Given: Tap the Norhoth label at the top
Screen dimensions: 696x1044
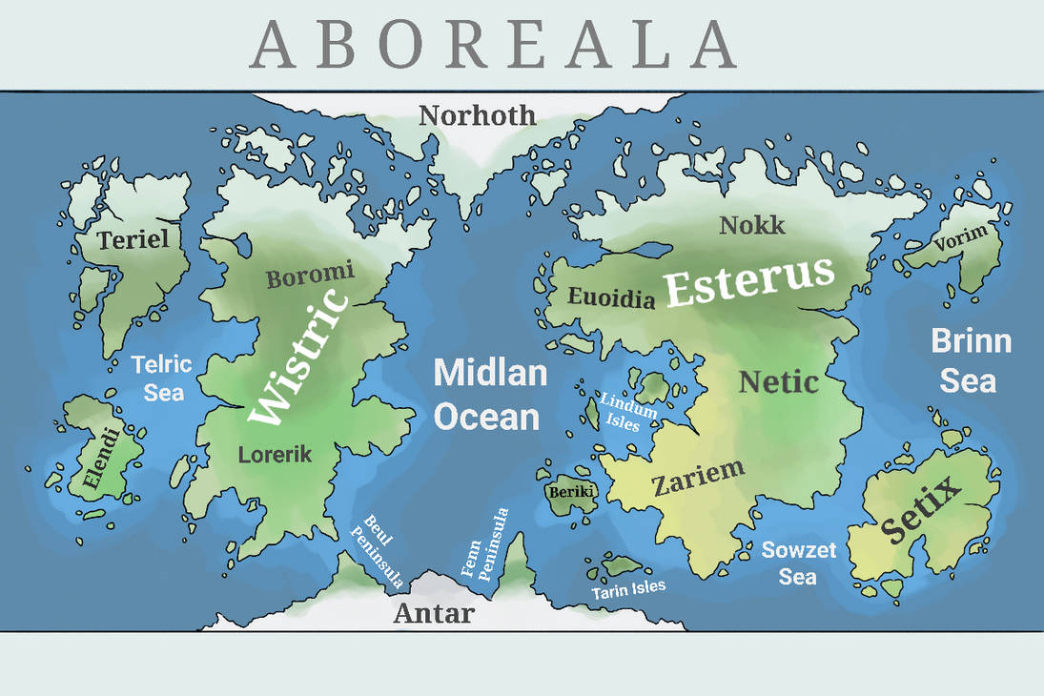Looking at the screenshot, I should [x=478, y=116].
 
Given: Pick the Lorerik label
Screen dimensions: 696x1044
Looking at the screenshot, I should [x=275, y=455].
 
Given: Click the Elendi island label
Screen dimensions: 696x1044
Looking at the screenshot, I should [x=101, y=462].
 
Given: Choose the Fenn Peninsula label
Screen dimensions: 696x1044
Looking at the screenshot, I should [x=485, y=543].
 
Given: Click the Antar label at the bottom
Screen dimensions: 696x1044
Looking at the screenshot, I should [x=433, y=613].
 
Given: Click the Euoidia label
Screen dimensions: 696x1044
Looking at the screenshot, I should [x=612, y=297].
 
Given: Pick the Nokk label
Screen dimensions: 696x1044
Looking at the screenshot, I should [x=752, y=225].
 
